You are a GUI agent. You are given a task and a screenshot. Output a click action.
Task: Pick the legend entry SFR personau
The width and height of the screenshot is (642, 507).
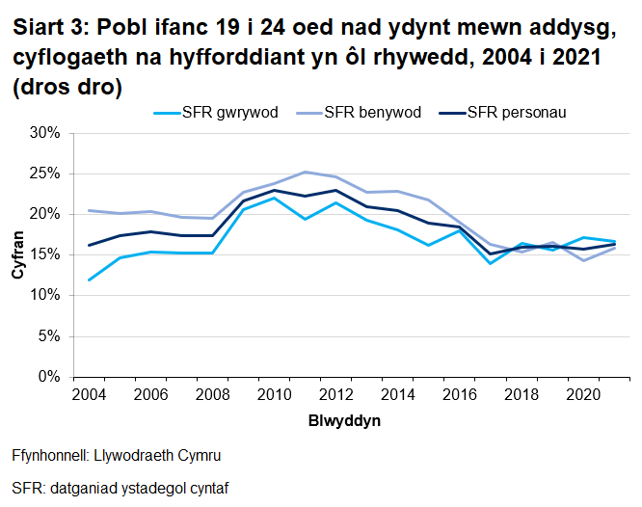[516, 113]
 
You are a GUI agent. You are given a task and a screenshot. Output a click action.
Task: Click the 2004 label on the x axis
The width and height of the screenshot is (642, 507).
[89, 396]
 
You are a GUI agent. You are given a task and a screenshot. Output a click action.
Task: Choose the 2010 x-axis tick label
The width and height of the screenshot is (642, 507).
[274, 396]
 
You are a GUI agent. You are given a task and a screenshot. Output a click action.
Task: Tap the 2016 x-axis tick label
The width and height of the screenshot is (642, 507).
[459, 396]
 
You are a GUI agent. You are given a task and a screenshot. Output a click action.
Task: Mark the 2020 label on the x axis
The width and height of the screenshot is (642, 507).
[582, 396]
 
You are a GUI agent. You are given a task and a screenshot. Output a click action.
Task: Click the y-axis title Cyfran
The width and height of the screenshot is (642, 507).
[18, 254]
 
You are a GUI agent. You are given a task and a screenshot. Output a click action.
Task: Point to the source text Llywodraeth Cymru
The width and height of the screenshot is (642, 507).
[164, 456]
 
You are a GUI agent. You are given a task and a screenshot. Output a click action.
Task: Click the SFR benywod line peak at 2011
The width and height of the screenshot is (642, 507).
[305, 173]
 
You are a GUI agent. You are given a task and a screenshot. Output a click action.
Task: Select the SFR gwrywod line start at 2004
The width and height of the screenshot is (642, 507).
[89, 280]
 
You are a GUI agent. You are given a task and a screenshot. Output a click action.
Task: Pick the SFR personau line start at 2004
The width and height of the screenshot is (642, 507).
[89, 245]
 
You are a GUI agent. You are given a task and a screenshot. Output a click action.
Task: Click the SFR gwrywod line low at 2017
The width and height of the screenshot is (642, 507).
[490, 263]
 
